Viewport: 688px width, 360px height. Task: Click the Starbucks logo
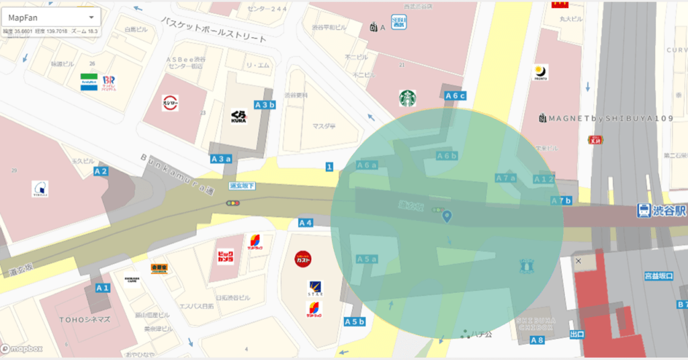pos(408,99)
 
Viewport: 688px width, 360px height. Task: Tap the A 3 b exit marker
pos(265,105)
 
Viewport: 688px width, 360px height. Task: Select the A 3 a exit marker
pos(221,159)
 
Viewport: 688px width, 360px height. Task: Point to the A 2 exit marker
pos(101,171)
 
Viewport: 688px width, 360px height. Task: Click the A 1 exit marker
pos(103,287)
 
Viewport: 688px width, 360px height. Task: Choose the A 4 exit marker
pos(306,222)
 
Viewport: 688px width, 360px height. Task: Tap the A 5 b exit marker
pos(354,322)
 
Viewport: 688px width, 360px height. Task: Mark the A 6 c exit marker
pos(455,96)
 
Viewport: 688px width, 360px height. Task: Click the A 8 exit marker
pos(537,340)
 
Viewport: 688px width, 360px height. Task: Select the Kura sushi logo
pos(239,116)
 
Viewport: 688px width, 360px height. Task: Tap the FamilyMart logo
pos(89,82)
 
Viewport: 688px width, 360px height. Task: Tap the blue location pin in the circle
pos(447,216)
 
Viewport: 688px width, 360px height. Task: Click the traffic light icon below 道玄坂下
pos(233,203)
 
